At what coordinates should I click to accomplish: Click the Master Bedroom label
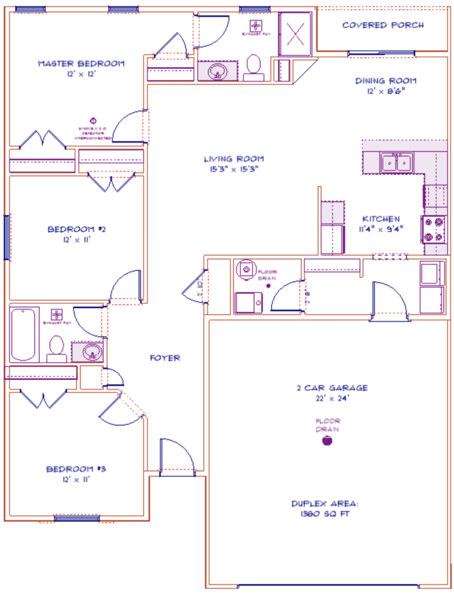pos(80,64)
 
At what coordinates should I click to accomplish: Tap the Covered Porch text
pos(383,25)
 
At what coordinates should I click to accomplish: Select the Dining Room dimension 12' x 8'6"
pos(386,91)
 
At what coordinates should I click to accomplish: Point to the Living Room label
pos(234,159)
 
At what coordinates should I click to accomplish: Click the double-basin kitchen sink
pos(396,163)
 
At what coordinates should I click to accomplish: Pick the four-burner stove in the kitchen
pos(434,229)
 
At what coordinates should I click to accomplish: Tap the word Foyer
pos(165,358)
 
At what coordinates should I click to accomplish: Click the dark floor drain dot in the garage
pos(327,441)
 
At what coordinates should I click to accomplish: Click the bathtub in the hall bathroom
pos(24,335)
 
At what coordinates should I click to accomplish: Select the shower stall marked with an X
pos(296,33)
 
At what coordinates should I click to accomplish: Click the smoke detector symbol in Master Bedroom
pos(93,121)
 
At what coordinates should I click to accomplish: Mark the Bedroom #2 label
pos(76,229)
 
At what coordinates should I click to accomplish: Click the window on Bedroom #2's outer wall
pos(7,237)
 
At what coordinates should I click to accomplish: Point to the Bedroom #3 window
pos(76,518)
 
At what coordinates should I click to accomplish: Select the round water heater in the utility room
pos(246,270)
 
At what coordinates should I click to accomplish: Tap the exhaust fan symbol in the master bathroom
pos(255,25)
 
